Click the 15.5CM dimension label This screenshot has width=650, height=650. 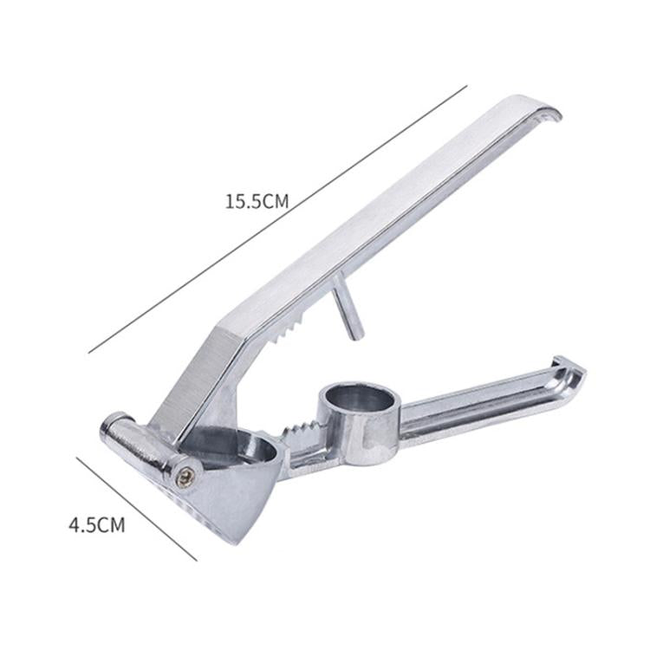point(257,201)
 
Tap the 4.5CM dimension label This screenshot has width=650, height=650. point(96,525)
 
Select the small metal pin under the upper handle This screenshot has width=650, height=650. point(348,307)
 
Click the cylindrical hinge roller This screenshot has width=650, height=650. point(143,445)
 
